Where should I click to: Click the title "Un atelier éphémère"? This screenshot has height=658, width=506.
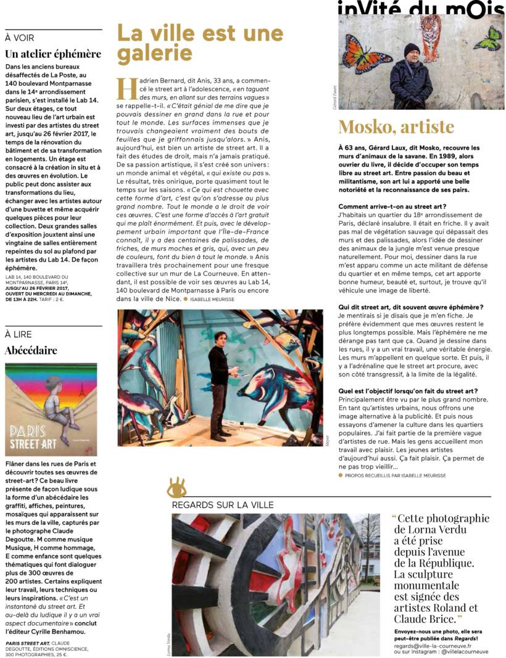[x=52, y=54]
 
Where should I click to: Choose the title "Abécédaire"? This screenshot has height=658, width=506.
[x=31, y=350]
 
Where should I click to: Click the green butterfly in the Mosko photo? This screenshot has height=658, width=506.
[x=487, y=38]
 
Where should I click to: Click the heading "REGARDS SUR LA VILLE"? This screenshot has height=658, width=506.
[x=223, y=505]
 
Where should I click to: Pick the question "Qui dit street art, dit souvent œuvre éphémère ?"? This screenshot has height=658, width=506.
[x=411, y=307]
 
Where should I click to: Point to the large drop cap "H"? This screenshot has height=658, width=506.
[x=126, y=89]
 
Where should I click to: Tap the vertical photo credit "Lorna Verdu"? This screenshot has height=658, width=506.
[x=168, y=642]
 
